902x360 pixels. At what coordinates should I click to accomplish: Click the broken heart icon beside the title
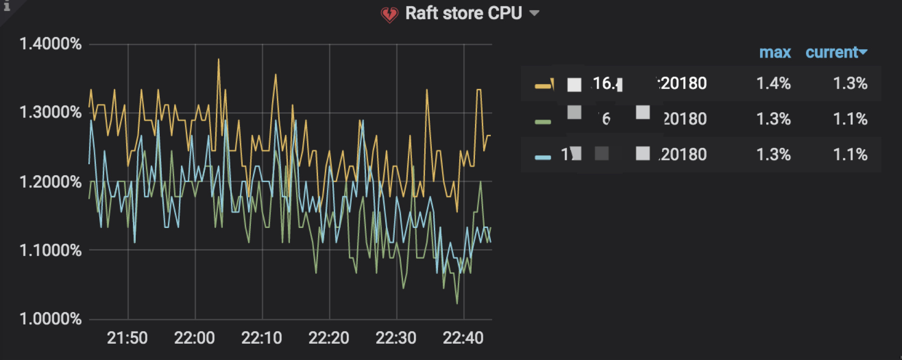tap(389, 14)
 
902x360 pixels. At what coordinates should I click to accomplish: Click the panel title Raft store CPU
tap(463, 13)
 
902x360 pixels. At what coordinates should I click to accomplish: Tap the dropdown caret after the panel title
tap(534, 13)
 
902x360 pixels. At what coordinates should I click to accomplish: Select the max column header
tap(775, 52)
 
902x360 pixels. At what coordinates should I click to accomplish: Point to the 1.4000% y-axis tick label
tap(50, 44)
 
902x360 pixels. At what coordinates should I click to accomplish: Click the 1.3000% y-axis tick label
tap(50, 112)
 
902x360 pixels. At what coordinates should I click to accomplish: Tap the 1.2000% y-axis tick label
tap(50, 182)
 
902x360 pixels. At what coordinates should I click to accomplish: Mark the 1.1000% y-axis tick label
tap(50, 250)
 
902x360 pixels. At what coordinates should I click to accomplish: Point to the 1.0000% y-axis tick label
tap(50, 319)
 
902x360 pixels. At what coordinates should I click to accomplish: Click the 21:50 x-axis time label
tap(127, 338)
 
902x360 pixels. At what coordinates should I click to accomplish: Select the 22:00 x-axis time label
tap(194, 338)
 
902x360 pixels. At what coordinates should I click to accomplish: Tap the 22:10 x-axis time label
tap(261, 338)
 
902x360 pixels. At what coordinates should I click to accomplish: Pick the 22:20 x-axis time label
tap(329, 338)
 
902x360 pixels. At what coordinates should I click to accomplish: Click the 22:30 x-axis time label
tap(396, 338)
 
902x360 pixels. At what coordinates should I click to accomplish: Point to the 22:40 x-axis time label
tap(463, 338)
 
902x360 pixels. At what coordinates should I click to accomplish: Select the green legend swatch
tap(543, 121)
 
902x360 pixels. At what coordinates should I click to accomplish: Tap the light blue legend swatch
tap(543, 157)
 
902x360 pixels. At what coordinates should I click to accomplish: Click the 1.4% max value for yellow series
tap(773, 84)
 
